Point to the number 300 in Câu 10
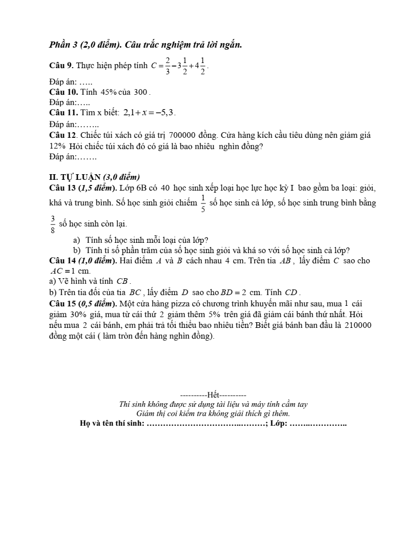pos(140,92)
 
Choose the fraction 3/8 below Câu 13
pos(52,223)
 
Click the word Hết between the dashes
pos(214,395)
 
